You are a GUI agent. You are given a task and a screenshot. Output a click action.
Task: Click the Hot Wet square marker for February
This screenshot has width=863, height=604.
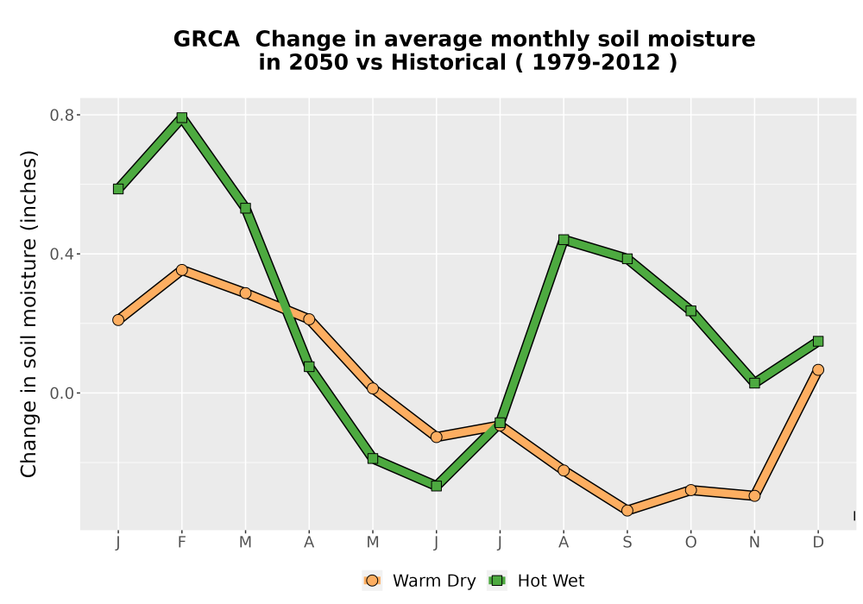click(181, 117)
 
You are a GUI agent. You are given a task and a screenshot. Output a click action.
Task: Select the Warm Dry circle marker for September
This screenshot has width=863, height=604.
click(627, 511)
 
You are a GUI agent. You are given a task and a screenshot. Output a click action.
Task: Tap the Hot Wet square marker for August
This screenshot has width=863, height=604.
click(564, 239)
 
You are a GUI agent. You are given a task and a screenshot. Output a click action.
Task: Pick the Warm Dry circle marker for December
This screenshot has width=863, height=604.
click(818, 369)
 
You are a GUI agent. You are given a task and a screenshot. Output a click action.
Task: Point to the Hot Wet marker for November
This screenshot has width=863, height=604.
click(754, 383)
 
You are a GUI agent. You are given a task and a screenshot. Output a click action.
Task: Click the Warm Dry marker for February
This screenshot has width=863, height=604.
click(181, 270)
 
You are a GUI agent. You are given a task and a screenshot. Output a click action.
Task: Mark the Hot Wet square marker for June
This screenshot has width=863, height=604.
click(437, 486)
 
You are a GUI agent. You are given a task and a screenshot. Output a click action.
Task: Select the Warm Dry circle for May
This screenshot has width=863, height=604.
click(373, 388)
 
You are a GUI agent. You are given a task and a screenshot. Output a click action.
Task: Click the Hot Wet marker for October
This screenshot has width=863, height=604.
click(690, 311)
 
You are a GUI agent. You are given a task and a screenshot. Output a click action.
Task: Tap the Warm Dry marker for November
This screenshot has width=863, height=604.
click(754, 495)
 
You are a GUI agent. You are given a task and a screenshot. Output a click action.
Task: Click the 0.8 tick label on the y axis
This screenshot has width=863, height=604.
click(61, 115)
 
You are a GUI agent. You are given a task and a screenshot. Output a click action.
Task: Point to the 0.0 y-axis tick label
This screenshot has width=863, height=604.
click(61, 393)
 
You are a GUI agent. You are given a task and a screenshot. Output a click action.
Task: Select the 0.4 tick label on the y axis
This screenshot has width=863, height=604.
click(61, 255)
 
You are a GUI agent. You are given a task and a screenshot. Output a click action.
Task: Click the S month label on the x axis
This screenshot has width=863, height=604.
click(627, 543)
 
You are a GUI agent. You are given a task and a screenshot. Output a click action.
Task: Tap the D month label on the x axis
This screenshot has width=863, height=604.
click(818, 543)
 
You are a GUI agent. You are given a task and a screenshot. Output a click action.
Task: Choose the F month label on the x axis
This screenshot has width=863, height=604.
click(181, 543)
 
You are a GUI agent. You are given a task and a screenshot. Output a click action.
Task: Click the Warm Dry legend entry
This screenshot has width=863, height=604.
click(419, 581)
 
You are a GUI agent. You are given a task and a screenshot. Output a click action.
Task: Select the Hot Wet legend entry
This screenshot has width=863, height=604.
click(536, 581)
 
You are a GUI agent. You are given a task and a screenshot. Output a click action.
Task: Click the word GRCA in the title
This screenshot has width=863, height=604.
click(206, 39)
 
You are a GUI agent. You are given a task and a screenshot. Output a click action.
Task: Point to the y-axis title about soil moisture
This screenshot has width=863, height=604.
click(28, 313)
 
